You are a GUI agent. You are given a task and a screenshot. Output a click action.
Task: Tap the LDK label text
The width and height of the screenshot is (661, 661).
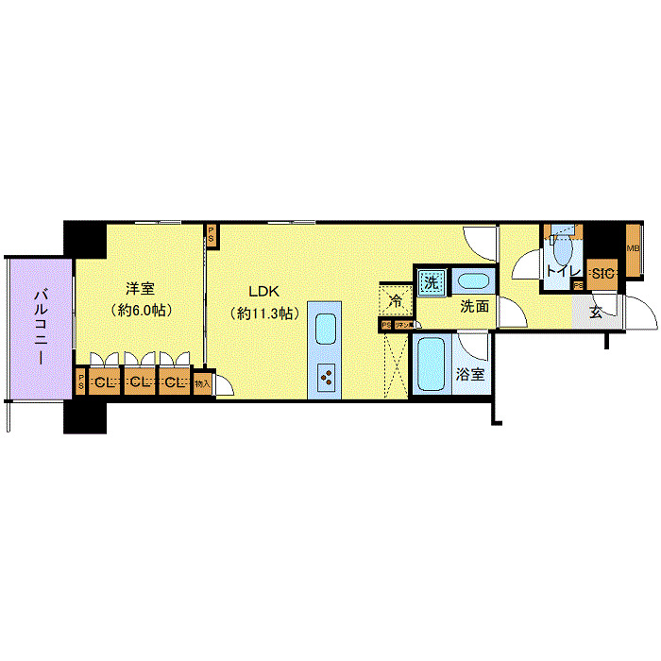tap(265, 291)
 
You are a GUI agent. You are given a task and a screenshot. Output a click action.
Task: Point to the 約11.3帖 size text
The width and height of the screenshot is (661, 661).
tap(264, 313)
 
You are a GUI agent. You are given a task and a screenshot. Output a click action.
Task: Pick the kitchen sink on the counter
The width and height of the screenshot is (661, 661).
tap(325, 330)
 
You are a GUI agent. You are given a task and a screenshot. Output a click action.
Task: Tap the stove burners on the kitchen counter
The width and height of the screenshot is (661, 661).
tap(326, 378)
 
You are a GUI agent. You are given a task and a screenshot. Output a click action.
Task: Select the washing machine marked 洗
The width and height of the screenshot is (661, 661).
tap(431, 281)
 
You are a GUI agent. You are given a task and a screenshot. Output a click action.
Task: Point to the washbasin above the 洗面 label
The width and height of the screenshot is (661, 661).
tap(470, 281)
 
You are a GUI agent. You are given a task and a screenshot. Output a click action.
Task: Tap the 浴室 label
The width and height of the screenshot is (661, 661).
tap(470, 374)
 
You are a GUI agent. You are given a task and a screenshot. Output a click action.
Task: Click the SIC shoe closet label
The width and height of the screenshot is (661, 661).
tap(602, 274)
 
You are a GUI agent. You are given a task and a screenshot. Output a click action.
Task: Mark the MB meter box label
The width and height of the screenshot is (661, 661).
tap(634, 247)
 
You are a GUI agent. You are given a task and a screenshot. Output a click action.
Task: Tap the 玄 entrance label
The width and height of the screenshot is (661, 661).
tap(597, 313)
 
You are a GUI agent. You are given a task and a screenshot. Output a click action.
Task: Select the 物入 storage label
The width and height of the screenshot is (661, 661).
tap(203, 383)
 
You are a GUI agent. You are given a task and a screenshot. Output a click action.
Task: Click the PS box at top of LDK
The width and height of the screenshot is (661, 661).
tap(212, 235)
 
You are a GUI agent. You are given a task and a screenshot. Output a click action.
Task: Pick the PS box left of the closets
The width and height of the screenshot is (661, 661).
tap(81, 383)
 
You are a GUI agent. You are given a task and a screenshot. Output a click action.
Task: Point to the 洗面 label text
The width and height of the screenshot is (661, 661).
tap(474, 306)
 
